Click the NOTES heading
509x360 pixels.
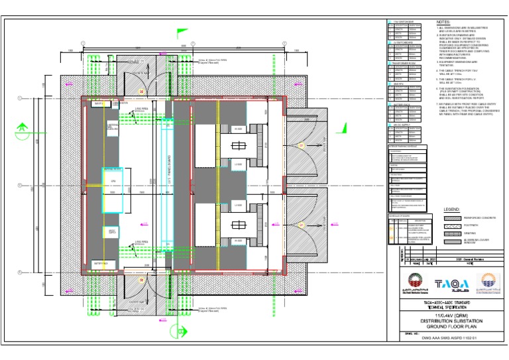coord(443,22)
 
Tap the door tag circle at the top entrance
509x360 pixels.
coord(141,90)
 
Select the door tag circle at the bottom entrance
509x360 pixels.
coord(141,280)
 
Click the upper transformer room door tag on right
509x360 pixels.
coord(302,145)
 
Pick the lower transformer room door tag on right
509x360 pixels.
coord(302,225)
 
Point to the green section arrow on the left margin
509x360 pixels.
coord(22,126)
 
